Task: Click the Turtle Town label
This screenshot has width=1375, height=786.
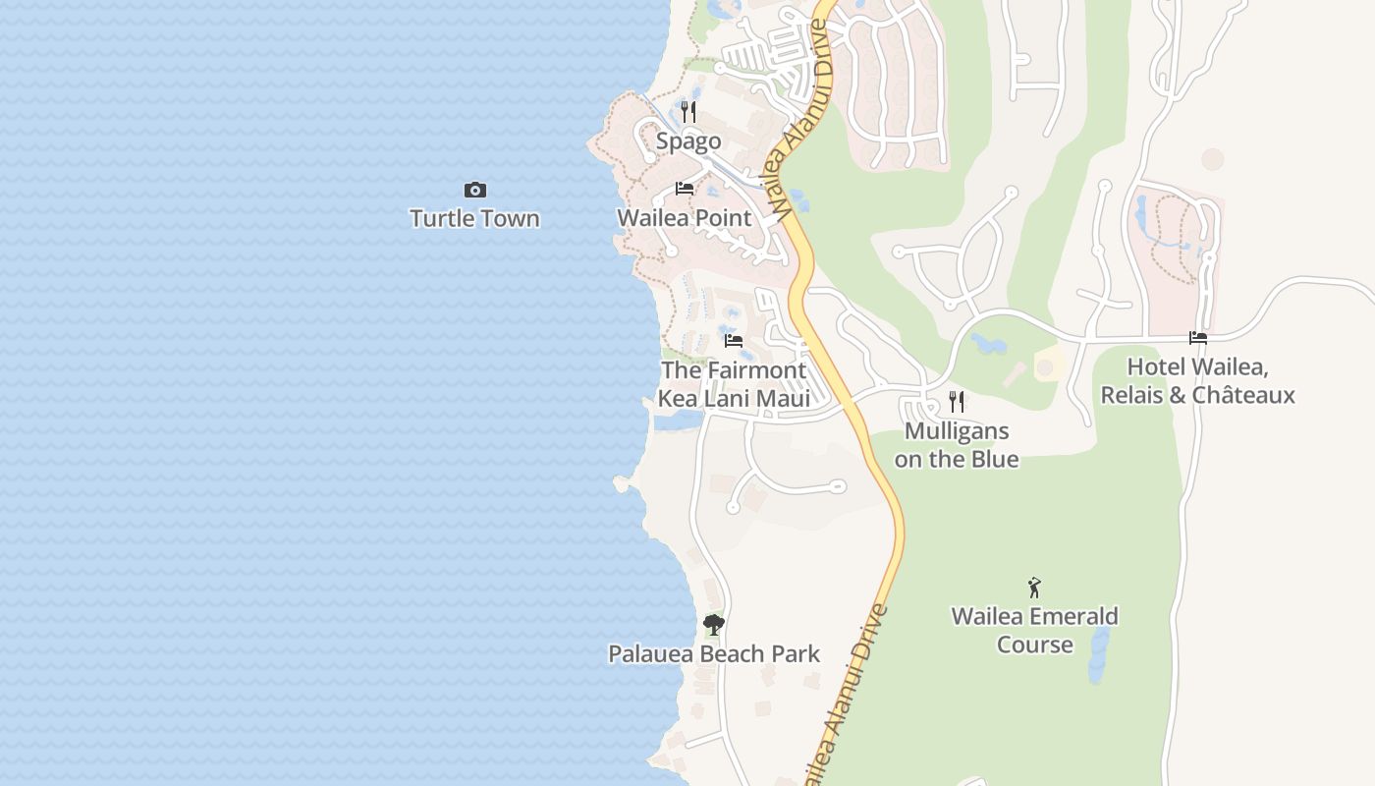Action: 474,218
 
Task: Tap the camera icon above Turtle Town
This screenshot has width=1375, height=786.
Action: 475,190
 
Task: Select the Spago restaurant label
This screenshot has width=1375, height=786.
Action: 688,141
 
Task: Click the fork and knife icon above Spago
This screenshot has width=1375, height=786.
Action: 688,112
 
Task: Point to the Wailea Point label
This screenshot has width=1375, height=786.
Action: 684,218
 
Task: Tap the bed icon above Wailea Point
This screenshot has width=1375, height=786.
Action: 685,189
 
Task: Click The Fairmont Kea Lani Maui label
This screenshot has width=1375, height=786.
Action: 734,384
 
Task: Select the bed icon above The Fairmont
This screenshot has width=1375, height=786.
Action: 734,341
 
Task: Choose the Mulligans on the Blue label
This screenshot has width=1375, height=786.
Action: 957,445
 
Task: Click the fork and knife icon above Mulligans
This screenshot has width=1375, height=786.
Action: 957,401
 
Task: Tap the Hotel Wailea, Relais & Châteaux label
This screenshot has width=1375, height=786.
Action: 1197,381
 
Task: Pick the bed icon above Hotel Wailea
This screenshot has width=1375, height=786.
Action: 1198,338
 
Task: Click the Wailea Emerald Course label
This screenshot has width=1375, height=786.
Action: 1034,631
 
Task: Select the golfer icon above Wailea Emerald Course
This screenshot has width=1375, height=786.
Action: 1034,588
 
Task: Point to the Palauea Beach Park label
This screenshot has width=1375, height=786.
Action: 714,654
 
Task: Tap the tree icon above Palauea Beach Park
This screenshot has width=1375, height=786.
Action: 714,624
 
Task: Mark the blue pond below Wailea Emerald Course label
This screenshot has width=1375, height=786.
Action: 1099,655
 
